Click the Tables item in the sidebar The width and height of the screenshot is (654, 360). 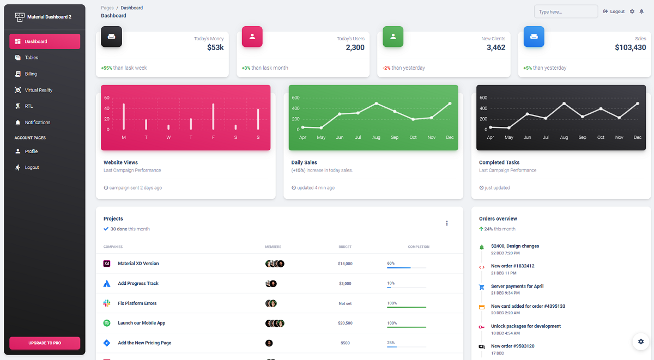tap(32, 58)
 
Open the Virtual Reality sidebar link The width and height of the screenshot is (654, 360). tap(38, 90)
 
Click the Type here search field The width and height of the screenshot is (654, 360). tap(566, 11)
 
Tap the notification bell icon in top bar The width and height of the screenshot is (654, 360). tap(641, 11)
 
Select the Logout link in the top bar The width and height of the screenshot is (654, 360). tap(614, 11)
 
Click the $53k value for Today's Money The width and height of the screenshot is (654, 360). tap(215, 48)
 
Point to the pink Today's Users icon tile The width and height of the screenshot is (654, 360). tap(252, 36)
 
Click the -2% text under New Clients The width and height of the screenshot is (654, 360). tap(386, 68)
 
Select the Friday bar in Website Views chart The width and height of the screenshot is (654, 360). tap(213, 117)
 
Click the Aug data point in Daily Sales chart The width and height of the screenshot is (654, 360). tap(376, 103)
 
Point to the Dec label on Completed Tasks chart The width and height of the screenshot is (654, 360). tap(637, 138)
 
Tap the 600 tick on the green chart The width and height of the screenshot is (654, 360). tap(295, 98)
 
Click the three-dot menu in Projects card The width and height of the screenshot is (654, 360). tap(447, 223)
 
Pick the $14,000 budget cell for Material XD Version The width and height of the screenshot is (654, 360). tap(345, 264)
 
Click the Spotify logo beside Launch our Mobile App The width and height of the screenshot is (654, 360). tap(107, 323)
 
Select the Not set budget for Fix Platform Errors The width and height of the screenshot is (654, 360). tap(345, 303)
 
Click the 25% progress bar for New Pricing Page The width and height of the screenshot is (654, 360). tap(406, 346)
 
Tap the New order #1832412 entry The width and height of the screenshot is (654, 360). tap(512, 266)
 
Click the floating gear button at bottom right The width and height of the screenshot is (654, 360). tap(640, 341)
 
